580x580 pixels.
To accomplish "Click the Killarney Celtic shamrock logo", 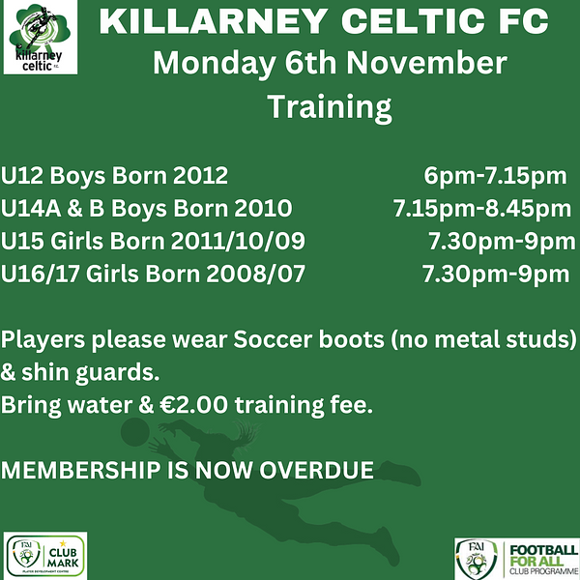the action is [x=41, y=37].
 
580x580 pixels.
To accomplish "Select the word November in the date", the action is [x=426, y=63].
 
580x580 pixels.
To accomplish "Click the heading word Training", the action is [x=330, y=107].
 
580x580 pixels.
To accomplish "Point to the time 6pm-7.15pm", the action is [x=495, y=177].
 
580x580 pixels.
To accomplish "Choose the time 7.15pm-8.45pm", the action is [x=482, y=209].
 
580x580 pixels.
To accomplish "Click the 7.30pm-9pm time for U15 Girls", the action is [x=502, y=242].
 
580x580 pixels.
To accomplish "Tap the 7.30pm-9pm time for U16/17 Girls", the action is [x=496, y=275].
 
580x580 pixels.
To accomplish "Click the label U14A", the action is [x=31, y=208].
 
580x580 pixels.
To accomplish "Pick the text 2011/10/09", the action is [x=238, y=241].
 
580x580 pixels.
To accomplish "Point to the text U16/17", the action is [x=41, y=275].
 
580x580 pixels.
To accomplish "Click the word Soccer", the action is [x=273, y=339].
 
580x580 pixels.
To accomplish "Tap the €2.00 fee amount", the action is [x=194, y=405].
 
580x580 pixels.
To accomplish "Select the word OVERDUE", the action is [x=317, y=470].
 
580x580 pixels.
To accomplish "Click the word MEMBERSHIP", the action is [x=80, y=470].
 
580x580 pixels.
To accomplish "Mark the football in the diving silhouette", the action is [x=135, y=432].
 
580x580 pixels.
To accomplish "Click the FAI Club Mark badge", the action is [x=45, y=556].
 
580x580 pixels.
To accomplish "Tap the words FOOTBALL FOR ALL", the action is [x=543, y=555].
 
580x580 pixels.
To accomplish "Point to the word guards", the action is [x=117, y=373].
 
